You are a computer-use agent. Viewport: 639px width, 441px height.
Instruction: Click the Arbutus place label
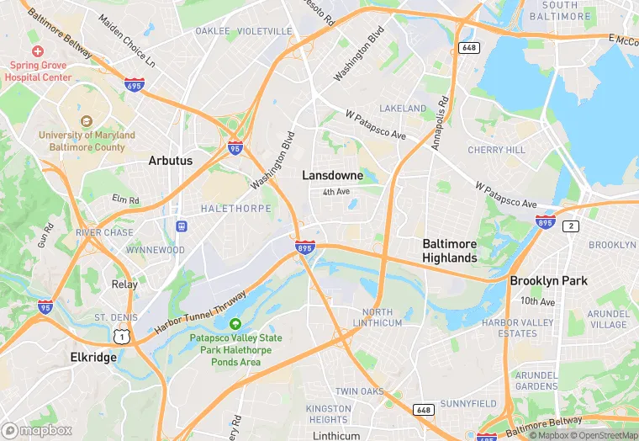(x=170, y=160)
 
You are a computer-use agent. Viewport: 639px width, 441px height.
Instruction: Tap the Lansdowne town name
(x=333, y=176)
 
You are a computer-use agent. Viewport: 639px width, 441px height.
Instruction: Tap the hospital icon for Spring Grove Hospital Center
(x=38, y=51)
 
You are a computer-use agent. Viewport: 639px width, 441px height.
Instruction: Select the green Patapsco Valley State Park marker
(x=235, y=324)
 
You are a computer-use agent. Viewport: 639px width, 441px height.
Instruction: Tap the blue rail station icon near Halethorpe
(x=180, y=226)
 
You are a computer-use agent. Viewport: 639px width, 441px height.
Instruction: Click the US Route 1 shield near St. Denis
(x=123, y=336)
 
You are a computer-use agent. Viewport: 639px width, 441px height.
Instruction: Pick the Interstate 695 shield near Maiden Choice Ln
(x=134, y=84)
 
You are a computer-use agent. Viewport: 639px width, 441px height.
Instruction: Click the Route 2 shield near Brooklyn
(x=571, y=226)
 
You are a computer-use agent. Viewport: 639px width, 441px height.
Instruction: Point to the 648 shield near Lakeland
(x=468, y=48)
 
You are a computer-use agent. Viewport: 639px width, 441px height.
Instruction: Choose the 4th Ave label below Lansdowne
(x=335, y=192)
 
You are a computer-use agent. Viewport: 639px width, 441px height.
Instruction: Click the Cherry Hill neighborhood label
(x=496, y=150)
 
